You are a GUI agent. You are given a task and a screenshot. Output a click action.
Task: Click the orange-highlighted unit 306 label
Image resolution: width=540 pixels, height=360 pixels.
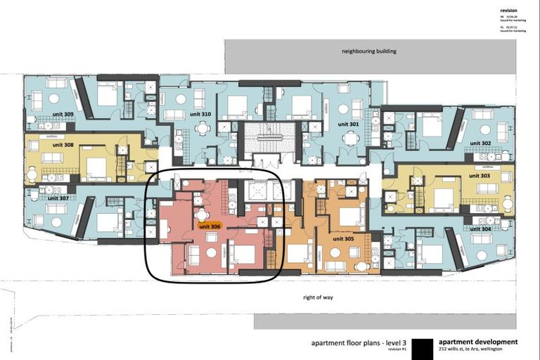[x=210, y=226]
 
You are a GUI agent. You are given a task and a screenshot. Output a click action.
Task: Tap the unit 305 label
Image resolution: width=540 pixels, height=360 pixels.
[x=345, y=238]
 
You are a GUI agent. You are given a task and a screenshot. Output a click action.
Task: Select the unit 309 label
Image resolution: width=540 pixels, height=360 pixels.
[x=64, y=114]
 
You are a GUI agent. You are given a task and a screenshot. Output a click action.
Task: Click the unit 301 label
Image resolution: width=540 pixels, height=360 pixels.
[x=348, y=124]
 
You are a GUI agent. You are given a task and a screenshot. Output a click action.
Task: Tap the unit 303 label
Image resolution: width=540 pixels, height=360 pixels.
[x=480, y=176]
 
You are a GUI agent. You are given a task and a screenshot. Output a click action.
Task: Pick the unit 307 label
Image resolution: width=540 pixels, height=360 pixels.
[x=58, y=198]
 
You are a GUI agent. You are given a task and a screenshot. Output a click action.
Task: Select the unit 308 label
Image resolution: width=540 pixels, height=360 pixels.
[x=64, y=146]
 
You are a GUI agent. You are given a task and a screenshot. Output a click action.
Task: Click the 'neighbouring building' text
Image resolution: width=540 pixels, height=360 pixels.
[x=369, y=51]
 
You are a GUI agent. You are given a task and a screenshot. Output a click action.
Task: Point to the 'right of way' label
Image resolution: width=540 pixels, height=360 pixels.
[x=318, y=297]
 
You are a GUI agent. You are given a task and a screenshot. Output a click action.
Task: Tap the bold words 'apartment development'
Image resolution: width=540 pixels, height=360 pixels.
[x=478, y=342]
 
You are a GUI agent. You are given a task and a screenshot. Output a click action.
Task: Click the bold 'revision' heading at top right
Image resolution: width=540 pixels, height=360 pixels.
[x=509, y=11]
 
